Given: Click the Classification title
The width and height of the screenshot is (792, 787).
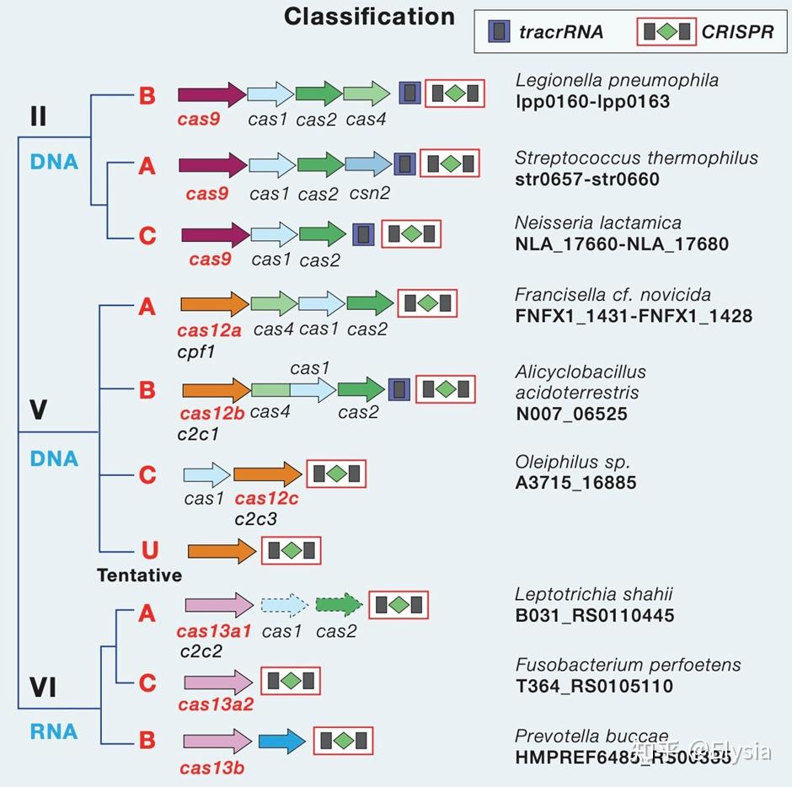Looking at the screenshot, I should [x=369, y=16].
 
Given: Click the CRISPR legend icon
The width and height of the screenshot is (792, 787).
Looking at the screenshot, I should [x=666, y=32].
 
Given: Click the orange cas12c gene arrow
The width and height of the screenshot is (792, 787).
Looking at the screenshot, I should [x=266, y=474].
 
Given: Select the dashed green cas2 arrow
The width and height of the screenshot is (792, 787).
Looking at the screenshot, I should [x=339, y=605].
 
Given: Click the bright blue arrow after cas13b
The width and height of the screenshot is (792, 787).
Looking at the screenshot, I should [x=282, y=741].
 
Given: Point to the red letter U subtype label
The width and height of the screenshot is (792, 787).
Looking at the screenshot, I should [x=149, y=550].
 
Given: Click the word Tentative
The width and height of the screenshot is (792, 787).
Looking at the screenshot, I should [x=139, y=576].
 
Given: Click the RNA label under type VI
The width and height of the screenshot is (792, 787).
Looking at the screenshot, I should [x=54, y=731].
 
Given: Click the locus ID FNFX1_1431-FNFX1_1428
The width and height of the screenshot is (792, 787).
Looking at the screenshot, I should [x=634, y=316].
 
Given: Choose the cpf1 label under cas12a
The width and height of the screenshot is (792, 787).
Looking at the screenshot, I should [x=196, y=351].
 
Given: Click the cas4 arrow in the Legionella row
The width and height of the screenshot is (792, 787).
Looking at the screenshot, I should [x=366, y=93].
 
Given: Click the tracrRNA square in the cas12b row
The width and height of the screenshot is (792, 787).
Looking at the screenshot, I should [x=400, y=389].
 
